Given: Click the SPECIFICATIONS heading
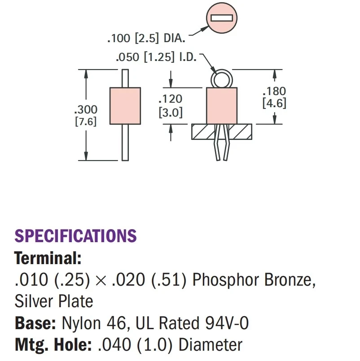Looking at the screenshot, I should [x=75, y=236].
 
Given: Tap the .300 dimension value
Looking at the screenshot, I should [x=85, y=109].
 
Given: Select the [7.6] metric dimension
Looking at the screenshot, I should [x=85, y=121].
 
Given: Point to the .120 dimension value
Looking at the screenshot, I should [x=171, y=100].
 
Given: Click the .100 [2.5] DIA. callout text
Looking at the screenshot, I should [x=146, y=39].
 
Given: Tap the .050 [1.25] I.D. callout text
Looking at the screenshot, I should [x=156, y=58].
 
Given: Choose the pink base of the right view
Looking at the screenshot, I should [x=221, y=106].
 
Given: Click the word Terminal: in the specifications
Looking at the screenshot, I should [x=48, y=258].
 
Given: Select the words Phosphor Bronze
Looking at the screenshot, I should [x=252, y=280].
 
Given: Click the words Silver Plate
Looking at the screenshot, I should [x=54, y=301].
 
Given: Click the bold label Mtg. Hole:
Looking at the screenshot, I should [x=51, y=345].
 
